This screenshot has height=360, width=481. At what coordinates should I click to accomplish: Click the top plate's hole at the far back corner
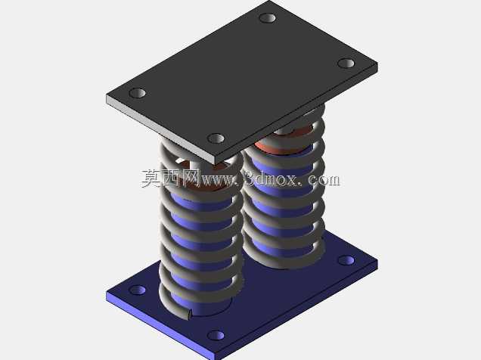click(267, 18)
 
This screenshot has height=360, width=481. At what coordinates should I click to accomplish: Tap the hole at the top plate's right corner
click(346, 64)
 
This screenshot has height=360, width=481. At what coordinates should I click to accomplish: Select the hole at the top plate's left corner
click(138, 93)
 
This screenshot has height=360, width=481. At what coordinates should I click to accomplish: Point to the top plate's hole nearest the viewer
click(216, 138)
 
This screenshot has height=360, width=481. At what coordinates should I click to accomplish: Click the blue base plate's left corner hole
click(138, 290)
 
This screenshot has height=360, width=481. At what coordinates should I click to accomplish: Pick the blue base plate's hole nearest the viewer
click(216, 335)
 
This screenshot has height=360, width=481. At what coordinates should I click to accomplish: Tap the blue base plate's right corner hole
click(346, 260)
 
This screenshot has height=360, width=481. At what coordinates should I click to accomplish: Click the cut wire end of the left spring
click(190, 313)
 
